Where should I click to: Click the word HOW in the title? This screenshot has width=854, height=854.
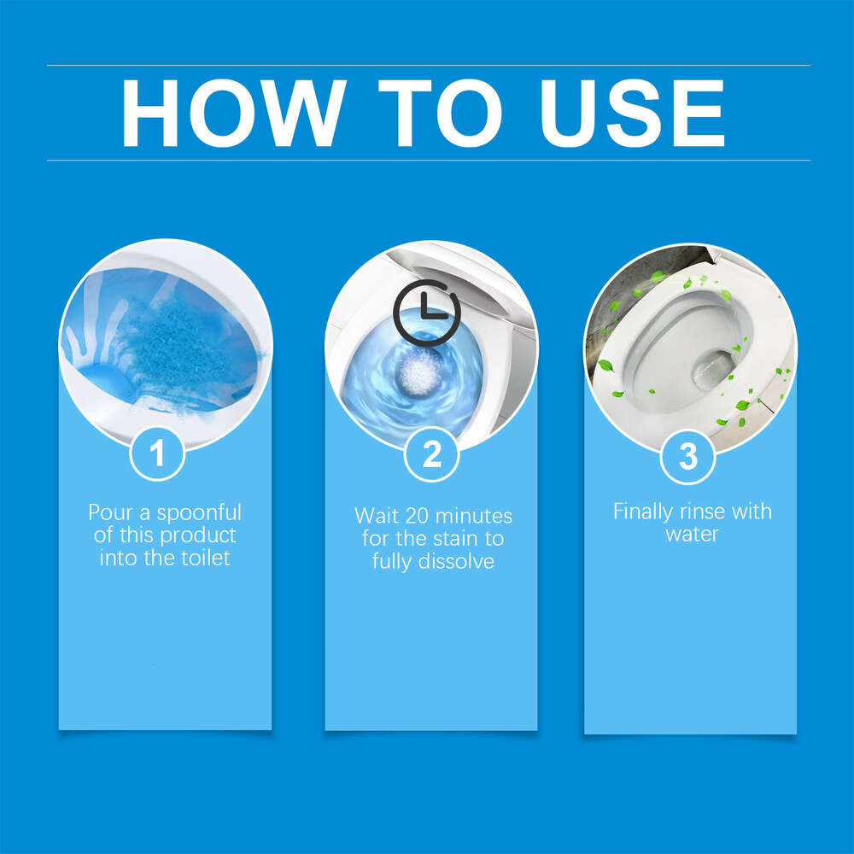click(231, 113)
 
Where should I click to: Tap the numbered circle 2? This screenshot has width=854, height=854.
click(432, 454)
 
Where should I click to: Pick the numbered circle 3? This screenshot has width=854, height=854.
click(688, 456)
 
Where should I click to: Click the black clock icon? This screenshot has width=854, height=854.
click(426, 311)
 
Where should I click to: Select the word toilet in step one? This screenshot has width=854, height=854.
click(204, 559)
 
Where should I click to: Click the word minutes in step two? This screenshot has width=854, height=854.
click(474, 516)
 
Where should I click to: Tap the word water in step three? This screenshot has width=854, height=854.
click(692, 535)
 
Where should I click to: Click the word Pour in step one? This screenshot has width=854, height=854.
click(109, 512)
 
